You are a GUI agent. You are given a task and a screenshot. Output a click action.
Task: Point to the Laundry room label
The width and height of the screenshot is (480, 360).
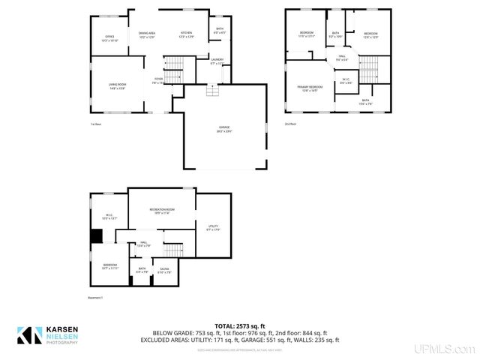click(217, 61)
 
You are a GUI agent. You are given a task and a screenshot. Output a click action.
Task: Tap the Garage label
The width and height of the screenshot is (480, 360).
click(223, 128)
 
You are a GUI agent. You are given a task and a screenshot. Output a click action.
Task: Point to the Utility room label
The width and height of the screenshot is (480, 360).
click(212, 228)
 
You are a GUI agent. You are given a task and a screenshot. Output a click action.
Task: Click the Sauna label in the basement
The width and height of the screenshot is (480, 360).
click(164, 270)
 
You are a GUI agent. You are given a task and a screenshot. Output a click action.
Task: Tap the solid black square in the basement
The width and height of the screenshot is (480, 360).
click(97, 236)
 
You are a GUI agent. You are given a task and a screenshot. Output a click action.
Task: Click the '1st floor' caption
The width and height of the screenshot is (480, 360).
click(95, 124)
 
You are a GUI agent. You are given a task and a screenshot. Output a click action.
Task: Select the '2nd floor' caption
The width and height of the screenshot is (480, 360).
click(290, 124)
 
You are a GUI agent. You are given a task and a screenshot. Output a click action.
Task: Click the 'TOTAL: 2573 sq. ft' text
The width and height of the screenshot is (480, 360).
click(240, 325)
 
